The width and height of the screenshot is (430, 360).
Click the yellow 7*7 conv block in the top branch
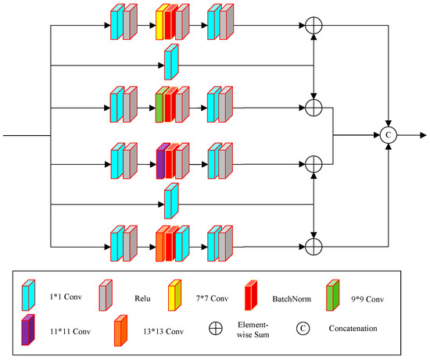(159, 23)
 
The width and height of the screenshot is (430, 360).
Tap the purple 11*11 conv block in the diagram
(160, 162)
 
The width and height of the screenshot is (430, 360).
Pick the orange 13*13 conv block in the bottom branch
(160, 244)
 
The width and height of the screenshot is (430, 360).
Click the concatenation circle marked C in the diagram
(389, 135)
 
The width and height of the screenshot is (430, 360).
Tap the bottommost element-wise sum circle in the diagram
(313, 247)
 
